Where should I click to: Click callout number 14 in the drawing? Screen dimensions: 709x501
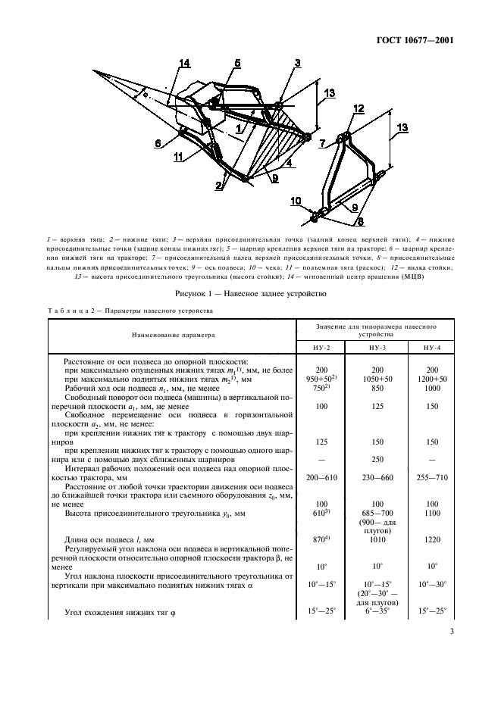coord(184,63)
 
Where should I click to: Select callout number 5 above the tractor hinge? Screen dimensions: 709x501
coord(237,64)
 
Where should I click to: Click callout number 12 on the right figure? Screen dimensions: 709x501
coord(358,108)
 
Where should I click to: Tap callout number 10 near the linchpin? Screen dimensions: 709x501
coord(296,201)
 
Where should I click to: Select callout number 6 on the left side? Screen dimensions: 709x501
coord(158,142)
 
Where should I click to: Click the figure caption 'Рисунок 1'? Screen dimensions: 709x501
coord(250,294)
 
